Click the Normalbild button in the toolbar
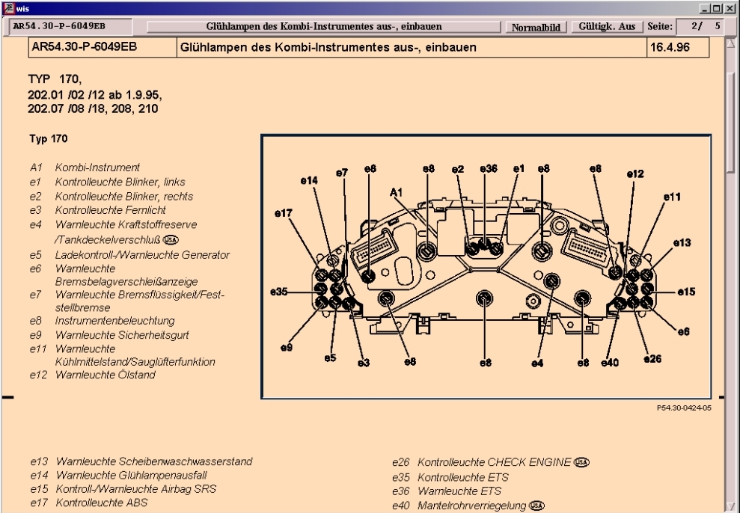[536, 27]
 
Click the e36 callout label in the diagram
[487, 169]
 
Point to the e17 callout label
[284, 213]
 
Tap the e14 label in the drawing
[310, 180]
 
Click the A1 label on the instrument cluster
[397, 192]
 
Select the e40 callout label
[611, 362]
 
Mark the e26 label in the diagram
[652, 359]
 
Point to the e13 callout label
[681, 242]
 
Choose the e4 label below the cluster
[537, 362]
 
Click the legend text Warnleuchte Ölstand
[105, 375]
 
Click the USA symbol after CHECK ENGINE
[582, 462]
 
